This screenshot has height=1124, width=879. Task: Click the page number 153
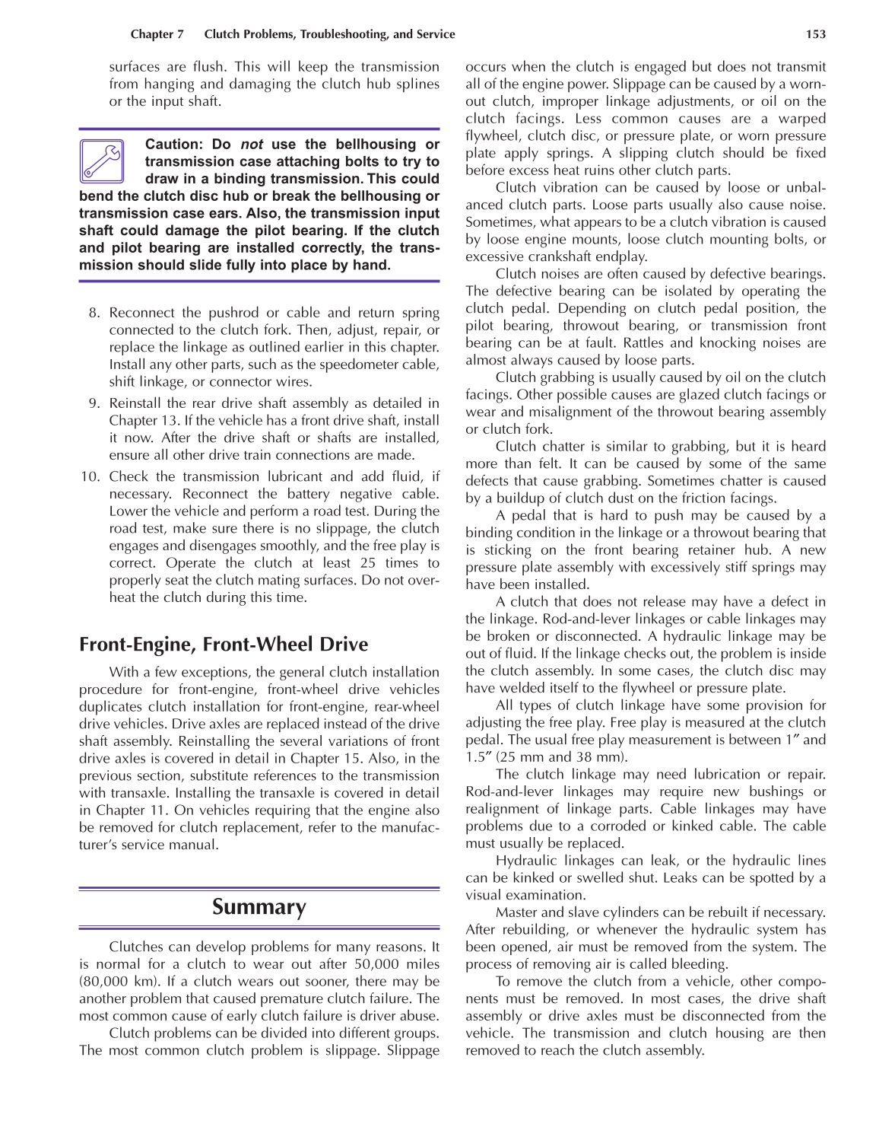coord(815,34)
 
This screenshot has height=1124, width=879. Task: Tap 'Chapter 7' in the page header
coord(157,34)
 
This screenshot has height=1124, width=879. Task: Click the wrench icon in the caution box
coord(102,161)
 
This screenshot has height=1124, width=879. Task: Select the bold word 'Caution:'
coord(174,145)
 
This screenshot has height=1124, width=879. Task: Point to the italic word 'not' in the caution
coord(252,145)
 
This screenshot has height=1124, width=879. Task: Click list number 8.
coord(94,313)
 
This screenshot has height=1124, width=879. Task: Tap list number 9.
coord(94,403)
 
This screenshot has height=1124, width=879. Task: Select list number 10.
coord(90,477)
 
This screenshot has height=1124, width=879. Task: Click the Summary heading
coord(259,907)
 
